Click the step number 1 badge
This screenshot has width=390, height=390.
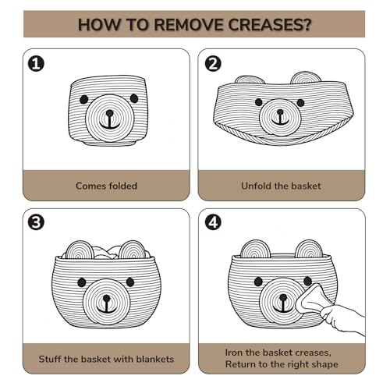tap(36, 64)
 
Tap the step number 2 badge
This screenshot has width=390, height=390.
tap(213, 64)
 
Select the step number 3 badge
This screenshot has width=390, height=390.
tap(36, 222)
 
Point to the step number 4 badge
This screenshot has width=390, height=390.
tap(213, 222)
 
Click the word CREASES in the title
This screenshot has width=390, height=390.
tap(270, 25)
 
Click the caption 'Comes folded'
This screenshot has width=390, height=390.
tap(106, 186)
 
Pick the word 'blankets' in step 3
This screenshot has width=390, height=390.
tap(155, 359)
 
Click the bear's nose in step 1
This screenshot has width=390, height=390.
tap(110, 113)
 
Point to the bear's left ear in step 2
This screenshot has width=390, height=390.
tap(250, 80)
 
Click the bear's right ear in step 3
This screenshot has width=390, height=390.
tap(133, 250)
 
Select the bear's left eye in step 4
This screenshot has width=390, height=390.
tap(258, 282)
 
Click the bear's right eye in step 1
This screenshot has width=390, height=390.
tap(134, 98)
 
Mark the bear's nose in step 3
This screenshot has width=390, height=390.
tap(106, 298)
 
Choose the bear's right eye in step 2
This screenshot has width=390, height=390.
tap(300, 103)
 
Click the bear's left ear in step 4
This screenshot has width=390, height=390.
tap(255, 249)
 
